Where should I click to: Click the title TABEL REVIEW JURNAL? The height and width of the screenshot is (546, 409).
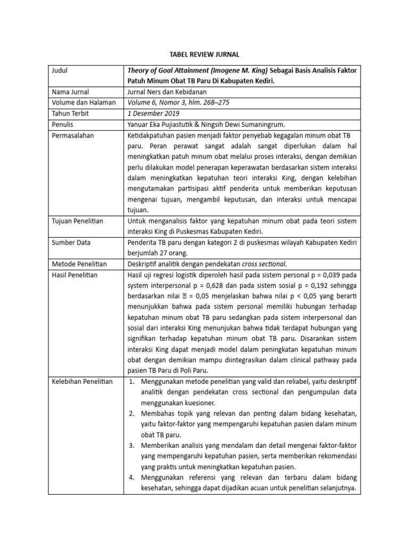point(204,54)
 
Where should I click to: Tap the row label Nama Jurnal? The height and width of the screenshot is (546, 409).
point(70,92)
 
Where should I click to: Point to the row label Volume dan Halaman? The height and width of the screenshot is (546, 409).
point(83,103)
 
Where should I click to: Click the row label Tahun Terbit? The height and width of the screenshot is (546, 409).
point(70,114)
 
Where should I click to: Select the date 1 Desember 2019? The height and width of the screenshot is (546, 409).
point(153,114)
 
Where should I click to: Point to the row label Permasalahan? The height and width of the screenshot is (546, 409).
point(73,135)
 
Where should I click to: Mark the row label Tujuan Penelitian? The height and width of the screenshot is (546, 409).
point(77,221)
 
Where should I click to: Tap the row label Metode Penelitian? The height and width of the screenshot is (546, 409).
point(79,264)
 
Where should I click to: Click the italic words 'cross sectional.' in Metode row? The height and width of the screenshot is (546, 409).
point(264,264)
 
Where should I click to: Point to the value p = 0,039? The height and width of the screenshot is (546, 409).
point(327,275)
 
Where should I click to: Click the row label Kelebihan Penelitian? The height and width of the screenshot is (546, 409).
point(82,382)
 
